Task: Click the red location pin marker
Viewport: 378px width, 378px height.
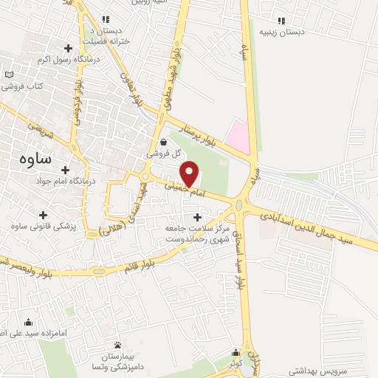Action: (190, 173)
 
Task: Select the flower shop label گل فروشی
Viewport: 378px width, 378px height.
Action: (162, 154)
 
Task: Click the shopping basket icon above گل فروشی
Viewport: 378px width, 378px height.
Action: (162, 142)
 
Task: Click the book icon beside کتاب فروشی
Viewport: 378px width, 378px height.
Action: (9, 75)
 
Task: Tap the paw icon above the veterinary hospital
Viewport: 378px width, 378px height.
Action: (117, 345)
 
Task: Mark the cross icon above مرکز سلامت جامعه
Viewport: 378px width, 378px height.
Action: (196, 217)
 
